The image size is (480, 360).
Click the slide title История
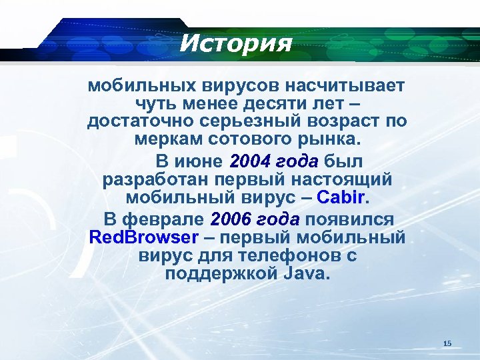(x=236, y=43)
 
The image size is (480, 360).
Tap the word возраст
(x=343, y=123)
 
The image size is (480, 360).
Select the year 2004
(x=250, y=161)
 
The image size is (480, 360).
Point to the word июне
(x=199, y=161)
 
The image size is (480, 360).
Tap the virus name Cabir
(x=342, y=198)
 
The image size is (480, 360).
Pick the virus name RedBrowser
(x=143, y=237)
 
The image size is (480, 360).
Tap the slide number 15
(x=447, y=343)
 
